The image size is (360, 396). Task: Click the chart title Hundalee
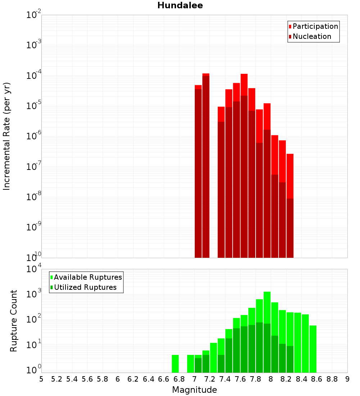pos(180,5)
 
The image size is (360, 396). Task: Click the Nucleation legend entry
pos(311,36)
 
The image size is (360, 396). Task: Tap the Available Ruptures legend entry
pos(87,277)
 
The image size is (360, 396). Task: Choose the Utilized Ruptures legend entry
pos(85,287)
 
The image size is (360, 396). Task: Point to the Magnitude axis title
pos(194,390)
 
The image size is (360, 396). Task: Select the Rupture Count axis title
pos(14,321)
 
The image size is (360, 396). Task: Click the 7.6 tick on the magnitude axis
pos(240,379)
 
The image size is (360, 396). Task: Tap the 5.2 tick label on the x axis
pos(57,379)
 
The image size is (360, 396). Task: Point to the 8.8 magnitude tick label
pos(332,379)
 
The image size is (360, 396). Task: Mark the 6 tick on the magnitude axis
pos(118,379)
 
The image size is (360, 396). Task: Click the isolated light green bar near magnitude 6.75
pos(175,364)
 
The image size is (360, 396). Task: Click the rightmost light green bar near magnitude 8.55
pos(313,348)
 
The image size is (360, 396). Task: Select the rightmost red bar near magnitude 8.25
pos(290,205)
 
